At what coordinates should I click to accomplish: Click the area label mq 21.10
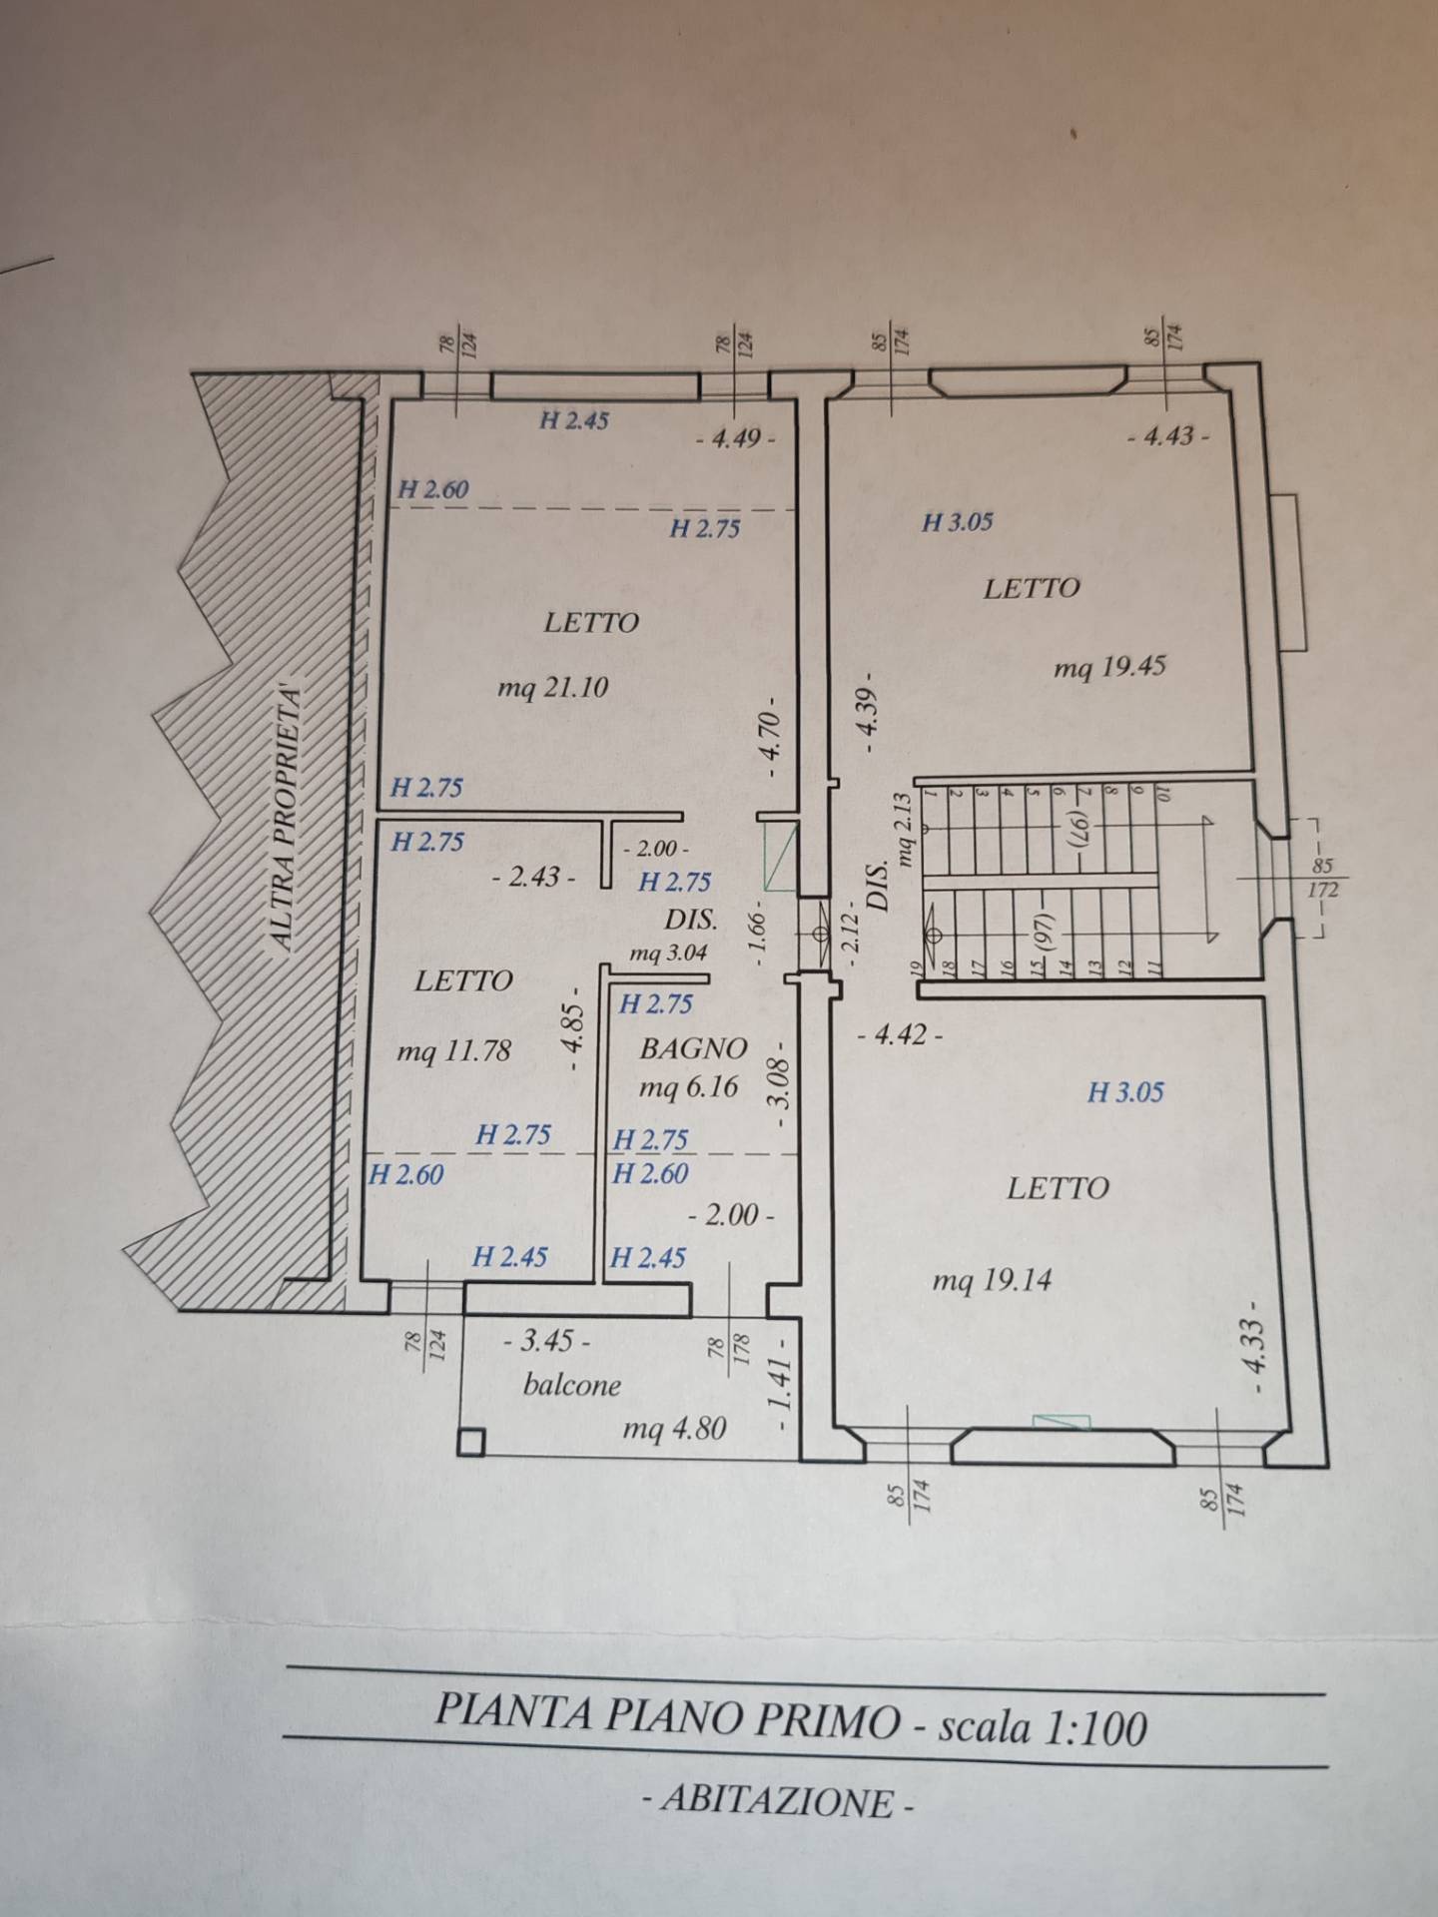[552, 687]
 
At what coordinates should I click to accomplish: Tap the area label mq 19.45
[1109, 666]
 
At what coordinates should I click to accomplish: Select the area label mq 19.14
[992, 1280]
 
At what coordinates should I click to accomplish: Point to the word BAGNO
[693, 1048]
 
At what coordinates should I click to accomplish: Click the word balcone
[572, 1385]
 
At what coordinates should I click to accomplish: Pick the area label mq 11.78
[453, 1050]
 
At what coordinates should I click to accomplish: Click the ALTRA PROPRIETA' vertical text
[287, 814]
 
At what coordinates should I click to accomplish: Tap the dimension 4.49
[737, 437]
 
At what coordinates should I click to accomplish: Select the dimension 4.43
[1168, 436]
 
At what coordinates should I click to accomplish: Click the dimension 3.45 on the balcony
[547, 1340]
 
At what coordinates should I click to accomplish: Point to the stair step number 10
[1162, 793]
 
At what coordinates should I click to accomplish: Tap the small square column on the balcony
[471, 1442]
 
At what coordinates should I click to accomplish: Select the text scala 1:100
[1043, 1726]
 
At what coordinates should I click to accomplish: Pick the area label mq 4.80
[674, 1429]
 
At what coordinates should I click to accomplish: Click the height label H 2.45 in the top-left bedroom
[574, 420]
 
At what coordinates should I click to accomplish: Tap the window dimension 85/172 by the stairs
[1322, 878]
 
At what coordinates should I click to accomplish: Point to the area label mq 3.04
[668, 954]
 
